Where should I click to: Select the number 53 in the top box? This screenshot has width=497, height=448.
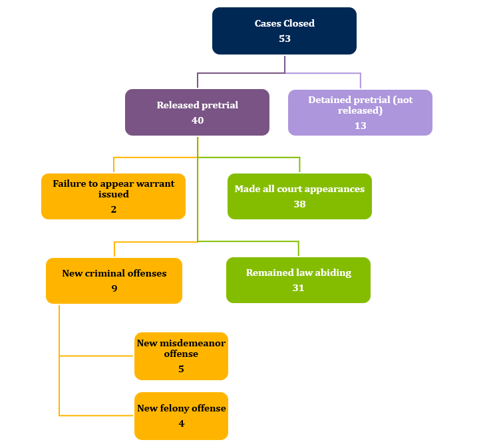[284, 39]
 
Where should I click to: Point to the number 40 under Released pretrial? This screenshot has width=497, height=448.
[197, 120]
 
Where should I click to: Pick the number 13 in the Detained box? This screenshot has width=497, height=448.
[360, 125]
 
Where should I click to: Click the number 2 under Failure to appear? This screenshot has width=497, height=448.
[113, 209]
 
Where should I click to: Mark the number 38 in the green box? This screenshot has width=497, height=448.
[299, 204]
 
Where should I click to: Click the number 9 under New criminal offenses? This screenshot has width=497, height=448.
[114, 288]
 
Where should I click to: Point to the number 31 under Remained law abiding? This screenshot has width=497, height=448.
[298, 288]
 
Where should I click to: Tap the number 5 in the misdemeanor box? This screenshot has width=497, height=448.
[181, 369]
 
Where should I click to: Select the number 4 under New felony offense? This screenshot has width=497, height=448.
[181, 423]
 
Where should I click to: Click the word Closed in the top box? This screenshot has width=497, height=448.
[299, 23]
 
